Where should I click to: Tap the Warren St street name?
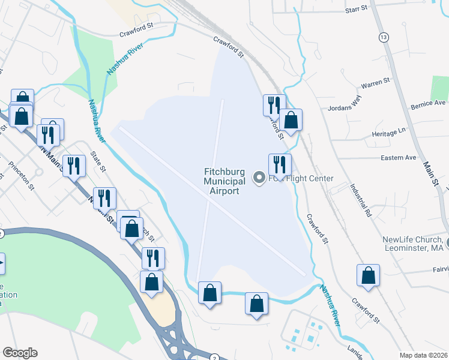tap(375, 83)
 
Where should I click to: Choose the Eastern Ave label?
tap(399, 157)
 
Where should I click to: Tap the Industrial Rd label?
tap(362, 200)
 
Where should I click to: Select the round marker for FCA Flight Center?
tap(260, 177)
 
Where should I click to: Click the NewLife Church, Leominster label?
tap(413, 244)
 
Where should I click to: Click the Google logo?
tap(20, 353)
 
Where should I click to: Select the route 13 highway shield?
tap(383, 37)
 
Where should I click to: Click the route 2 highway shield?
tap(214, 358)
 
